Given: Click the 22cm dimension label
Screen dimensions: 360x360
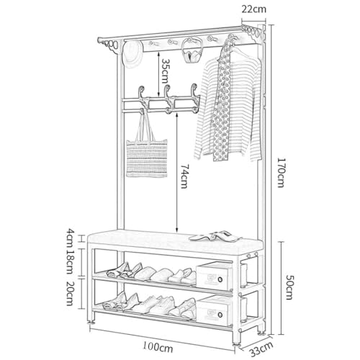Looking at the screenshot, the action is point(253,9).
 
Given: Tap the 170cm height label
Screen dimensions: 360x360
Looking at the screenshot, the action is point(281,172).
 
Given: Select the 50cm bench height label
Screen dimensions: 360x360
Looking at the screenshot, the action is point(289,287).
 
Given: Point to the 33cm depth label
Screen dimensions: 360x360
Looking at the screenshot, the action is point(261,349).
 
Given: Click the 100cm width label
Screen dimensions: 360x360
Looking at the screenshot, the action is point(158,346).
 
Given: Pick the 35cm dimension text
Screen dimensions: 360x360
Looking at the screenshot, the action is point(165,71).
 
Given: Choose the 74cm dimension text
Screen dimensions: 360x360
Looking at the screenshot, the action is point(184,176).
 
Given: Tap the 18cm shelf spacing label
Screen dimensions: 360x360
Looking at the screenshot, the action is point(69,261).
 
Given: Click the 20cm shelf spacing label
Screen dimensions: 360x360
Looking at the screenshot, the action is point(69,293).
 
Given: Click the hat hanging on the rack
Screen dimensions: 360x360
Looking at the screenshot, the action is point(132,55).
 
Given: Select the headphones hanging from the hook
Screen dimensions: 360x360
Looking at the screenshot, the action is point(191,51).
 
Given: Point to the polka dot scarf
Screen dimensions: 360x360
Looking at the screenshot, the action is point(222,101).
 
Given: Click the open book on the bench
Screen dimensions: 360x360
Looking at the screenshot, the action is point(215,235).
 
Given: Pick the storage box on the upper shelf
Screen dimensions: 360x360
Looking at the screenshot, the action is point(215,276).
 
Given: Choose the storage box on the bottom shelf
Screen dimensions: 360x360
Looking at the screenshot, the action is point(215,311).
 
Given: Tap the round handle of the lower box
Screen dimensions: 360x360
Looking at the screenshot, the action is point(220,315).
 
